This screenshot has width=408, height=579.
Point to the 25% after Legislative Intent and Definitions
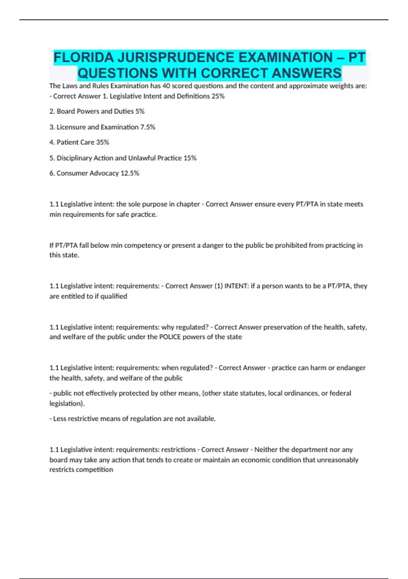point(218,96)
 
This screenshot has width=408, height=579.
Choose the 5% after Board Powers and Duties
point(140,111)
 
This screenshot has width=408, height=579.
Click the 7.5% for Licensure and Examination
point(148,127)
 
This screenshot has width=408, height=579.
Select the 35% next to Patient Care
point(102,142)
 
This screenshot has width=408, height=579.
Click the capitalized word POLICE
point(170,337)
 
